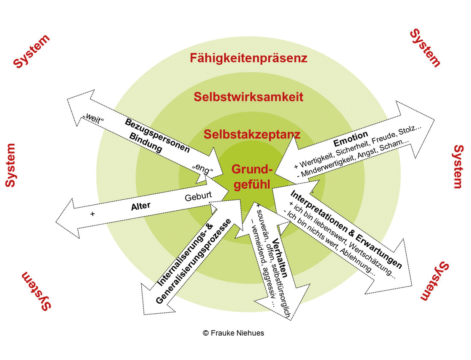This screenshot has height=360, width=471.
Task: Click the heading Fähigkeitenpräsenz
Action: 249,58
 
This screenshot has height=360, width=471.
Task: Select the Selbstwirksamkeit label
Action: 249,97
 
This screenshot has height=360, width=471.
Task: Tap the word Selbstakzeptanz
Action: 252,135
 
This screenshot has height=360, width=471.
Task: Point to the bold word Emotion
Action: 351,139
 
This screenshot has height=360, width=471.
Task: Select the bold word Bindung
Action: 146,143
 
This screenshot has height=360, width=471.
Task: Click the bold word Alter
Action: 141,206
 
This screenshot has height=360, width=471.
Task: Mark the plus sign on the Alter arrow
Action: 93,214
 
